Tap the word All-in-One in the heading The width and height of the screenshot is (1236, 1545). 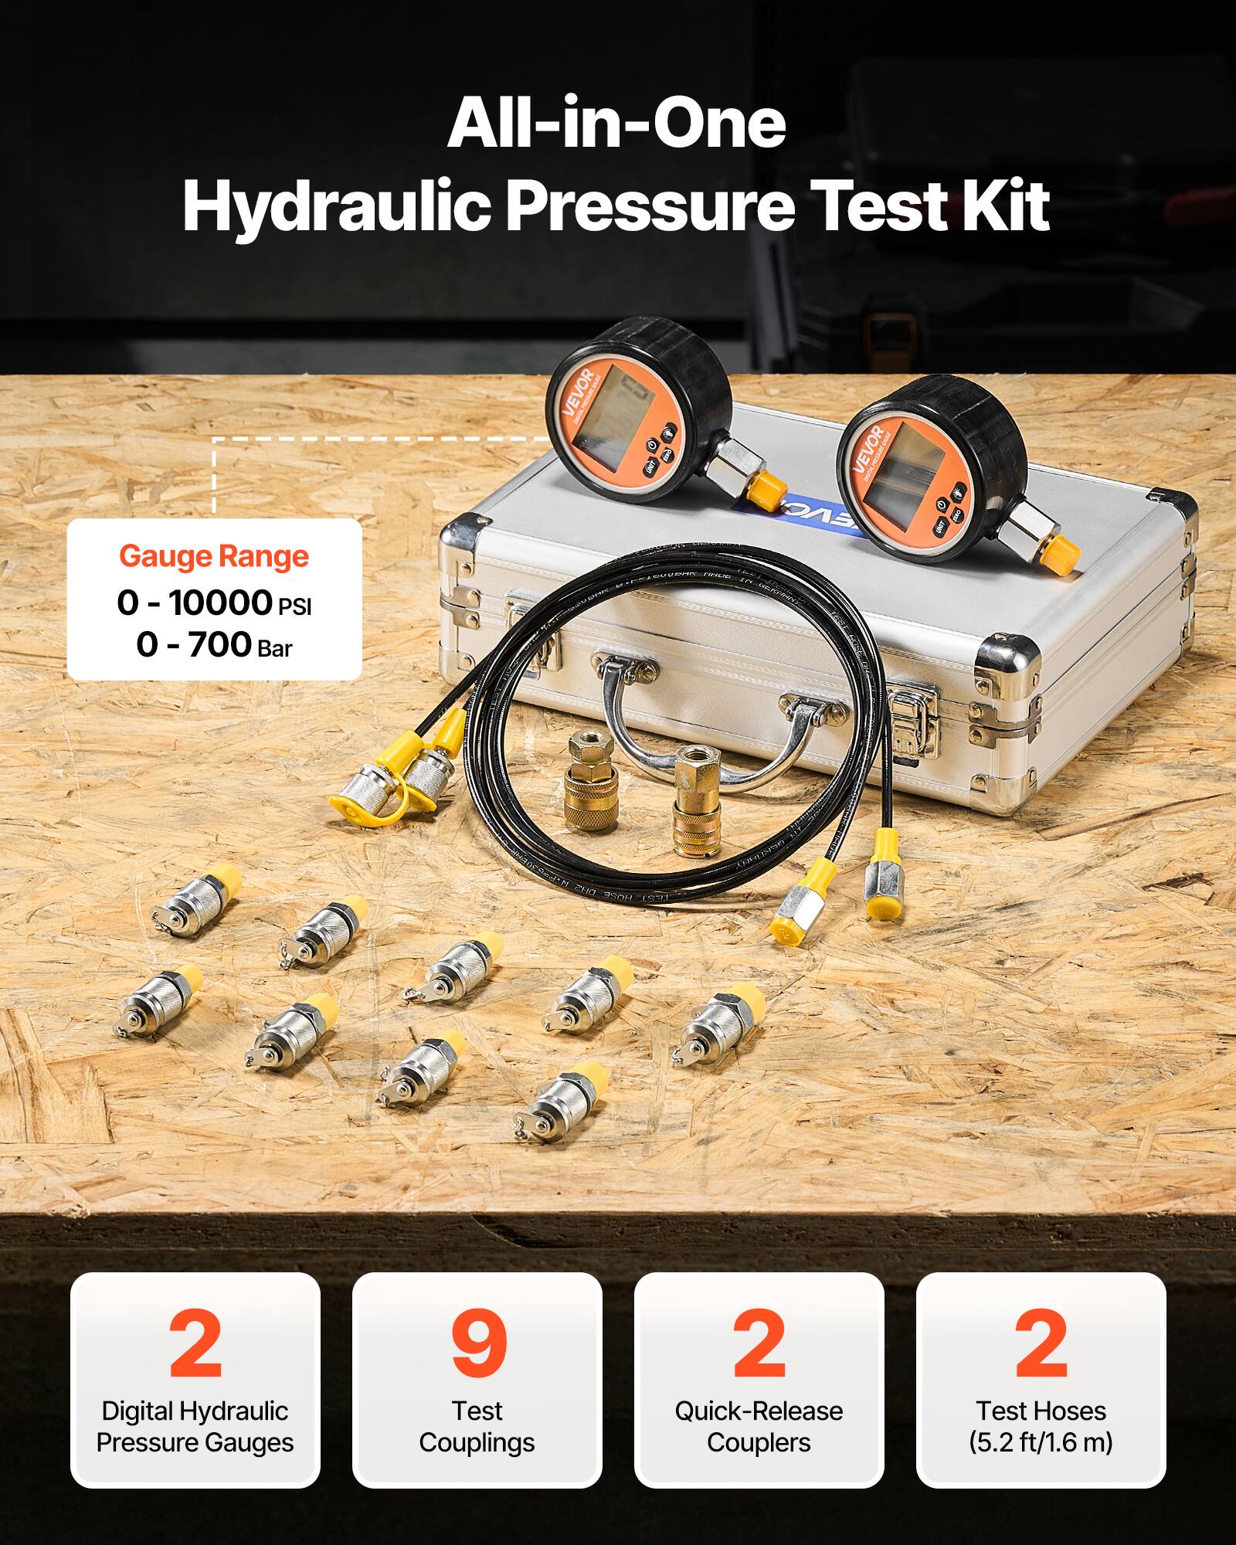pos(616,124)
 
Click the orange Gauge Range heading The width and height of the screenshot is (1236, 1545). pos(214,556)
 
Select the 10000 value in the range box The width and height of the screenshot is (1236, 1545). pos(220,603)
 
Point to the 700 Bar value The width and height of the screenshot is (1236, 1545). pos(214,645)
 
